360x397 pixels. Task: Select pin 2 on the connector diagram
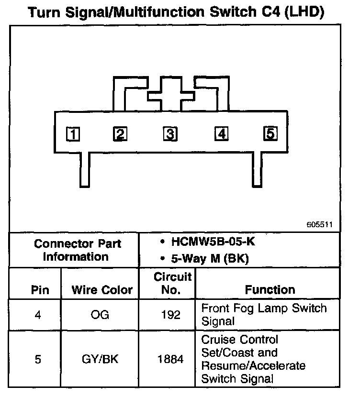[120, 134]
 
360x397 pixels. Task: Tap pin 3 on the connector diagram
[169, 134]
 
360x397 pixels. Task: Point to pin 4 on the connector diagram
[221, 134]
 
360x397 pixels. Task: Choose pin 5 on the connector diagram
[270, 133]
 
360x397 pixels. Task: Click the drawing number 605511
[321, 224]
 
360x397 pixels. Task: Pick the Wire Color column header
[101, 290]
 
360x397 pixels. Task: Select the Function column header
[270, 289]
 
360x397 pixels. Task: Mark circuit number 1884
[171, 359]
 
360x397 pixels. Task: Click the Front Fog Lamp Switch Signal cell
[264, 314]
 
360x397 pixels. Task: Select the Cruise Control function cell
[253, 359]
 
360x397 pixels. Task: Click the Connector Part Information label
[77, 250]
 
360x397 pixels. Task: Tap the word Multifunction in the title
[163, 13]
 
